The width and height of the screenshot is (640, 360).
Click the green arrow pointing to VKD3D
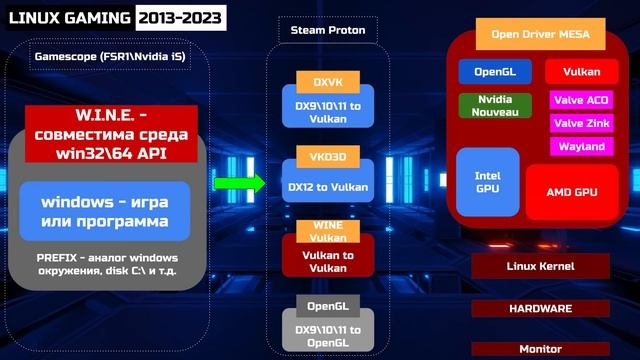[x=240, y=183]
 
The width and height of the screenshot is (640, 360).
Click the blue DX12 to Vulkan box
[x=327, y=186]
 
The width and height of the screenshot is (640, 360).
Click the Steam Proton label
[x=327, y=31]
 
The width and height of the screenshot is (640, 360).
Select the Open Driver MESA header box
[x=539, y=36]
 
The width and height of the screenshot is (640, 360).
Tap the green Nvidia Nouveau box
[x=494, y=106]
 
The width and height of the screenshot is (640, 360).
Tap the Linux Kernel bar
[x=539, y=265]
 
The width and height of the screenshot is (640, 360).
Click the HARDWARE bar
[x=539, y=308]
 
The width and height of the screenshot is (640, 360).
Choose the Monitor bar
[x=539, y=349]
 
